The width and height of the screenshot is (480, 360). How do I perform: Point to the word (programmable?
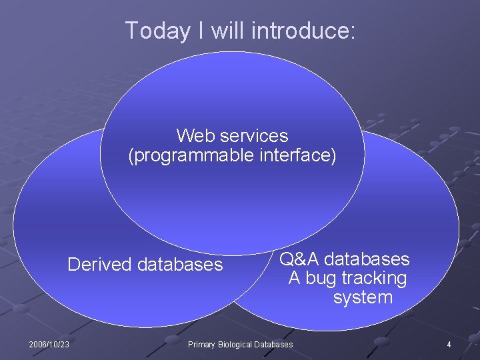coord(181,155)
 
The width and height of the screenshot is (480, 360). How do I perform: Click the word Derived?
coord(100,265)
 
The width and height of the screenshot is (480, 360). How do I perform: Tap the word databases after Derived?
coord(180,265)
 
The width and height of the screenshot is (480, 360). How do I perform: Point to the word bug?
coord(321,278)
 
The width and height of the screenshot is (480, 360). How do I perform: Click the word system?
coord(363,297)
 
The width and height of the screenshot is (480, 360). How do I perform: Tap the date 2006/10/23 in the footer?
coord(50,345)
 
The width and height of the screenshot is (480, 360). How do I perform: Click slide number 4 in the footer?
coord(449,345)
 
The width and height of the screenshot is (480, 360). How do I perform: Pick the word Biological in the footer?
coord(237,345)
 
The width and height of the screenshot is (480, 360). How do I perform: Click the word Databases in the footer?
coord(274,345)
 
